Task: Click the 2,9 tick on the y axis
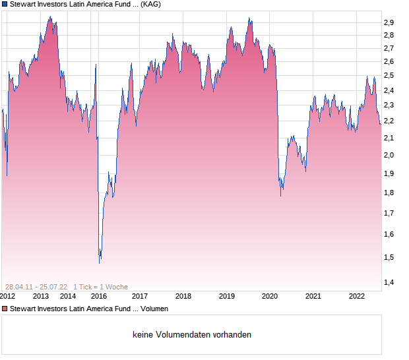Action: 389,22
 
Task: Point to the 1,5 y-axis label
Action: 389,257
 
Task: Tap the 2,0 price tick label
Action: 389,156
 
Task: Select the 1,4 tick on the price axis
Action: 389,283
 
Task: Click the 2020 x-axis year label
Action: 270,296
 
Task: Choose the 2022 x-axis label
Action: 357,296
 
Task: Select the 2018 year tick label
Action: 183,296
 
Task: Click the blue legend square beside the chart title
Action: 5,4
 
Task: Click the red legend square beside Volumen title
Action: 5,309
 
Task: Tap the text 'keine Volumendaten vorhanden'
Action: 192,335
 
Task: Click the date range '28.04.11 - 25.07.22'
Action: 36,287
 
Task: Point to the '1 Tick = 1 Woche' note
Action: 100,287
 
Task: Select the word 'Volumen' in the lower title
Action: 154,309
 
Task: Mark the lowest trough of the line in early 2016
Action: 100,262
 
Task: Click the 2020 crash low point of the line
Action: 282,196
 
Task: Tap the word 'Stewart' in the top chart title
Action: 24,4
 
